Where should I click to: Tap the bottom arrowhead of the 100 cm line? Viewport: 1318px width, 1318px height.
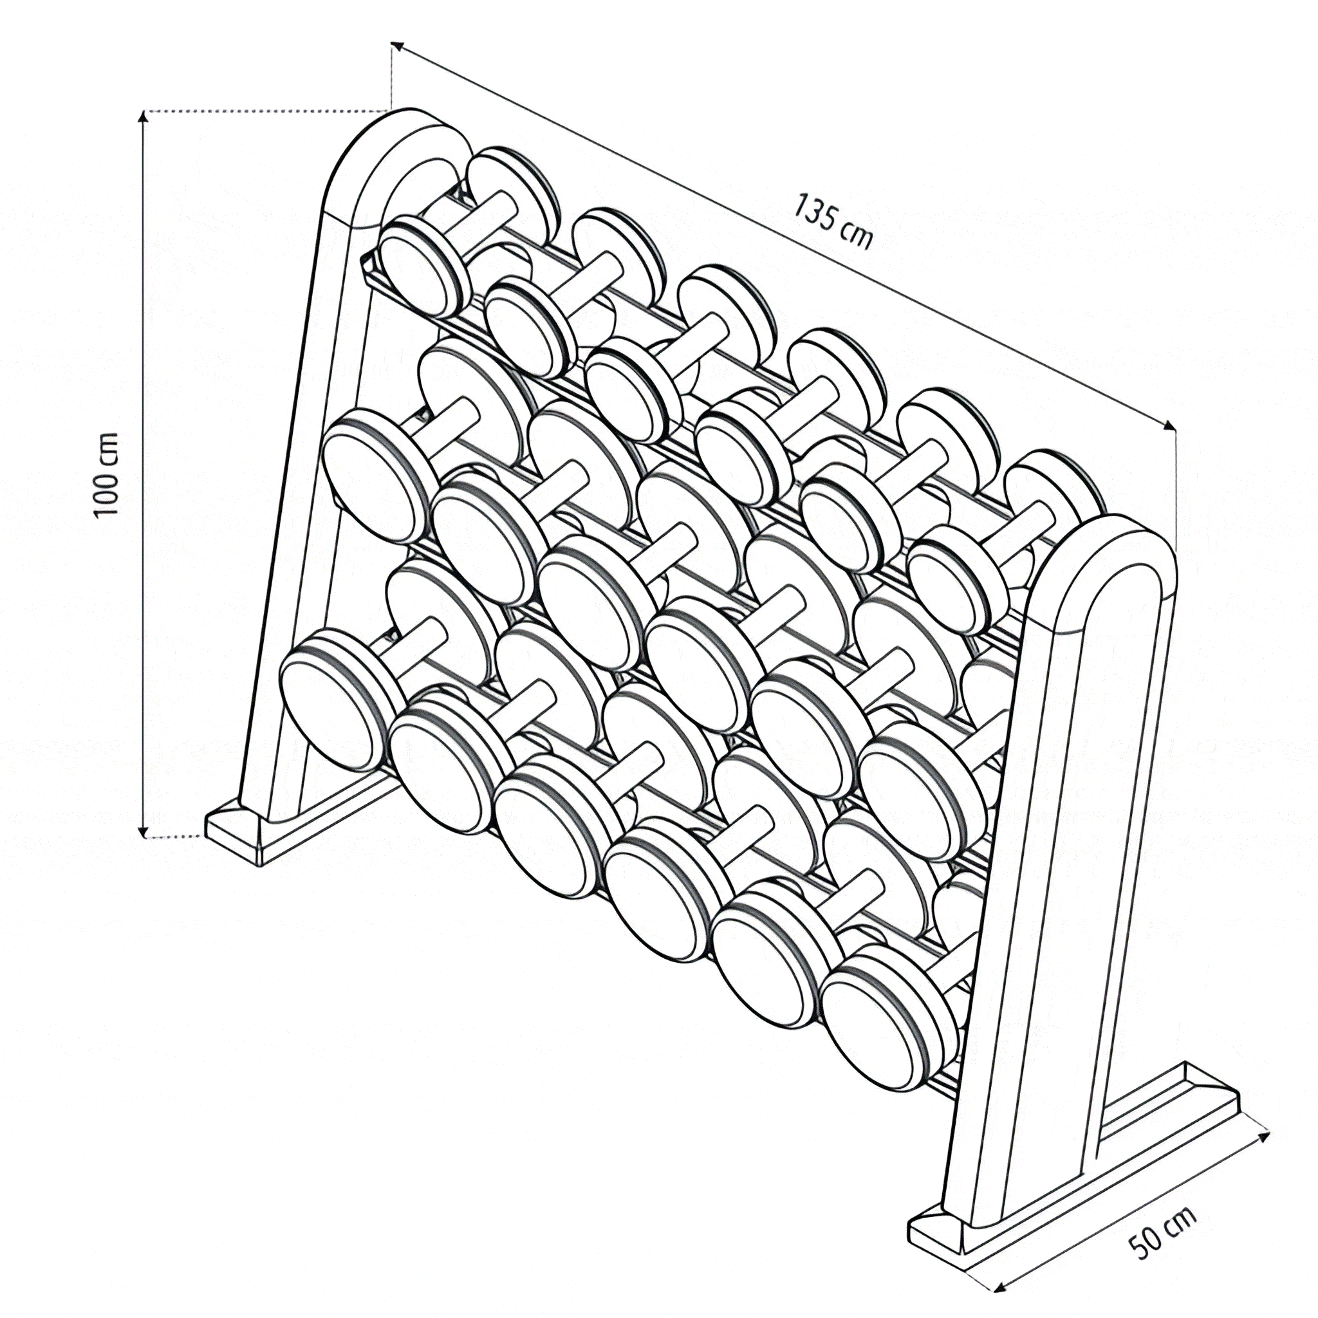(x=143, y=830)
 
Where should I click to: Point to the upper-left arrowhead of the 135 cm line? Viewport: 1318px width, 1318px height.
(x=397, y=46)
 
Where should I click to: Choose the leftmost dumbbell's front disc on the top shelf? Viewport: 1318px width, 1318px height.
(x=425, y=265)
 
